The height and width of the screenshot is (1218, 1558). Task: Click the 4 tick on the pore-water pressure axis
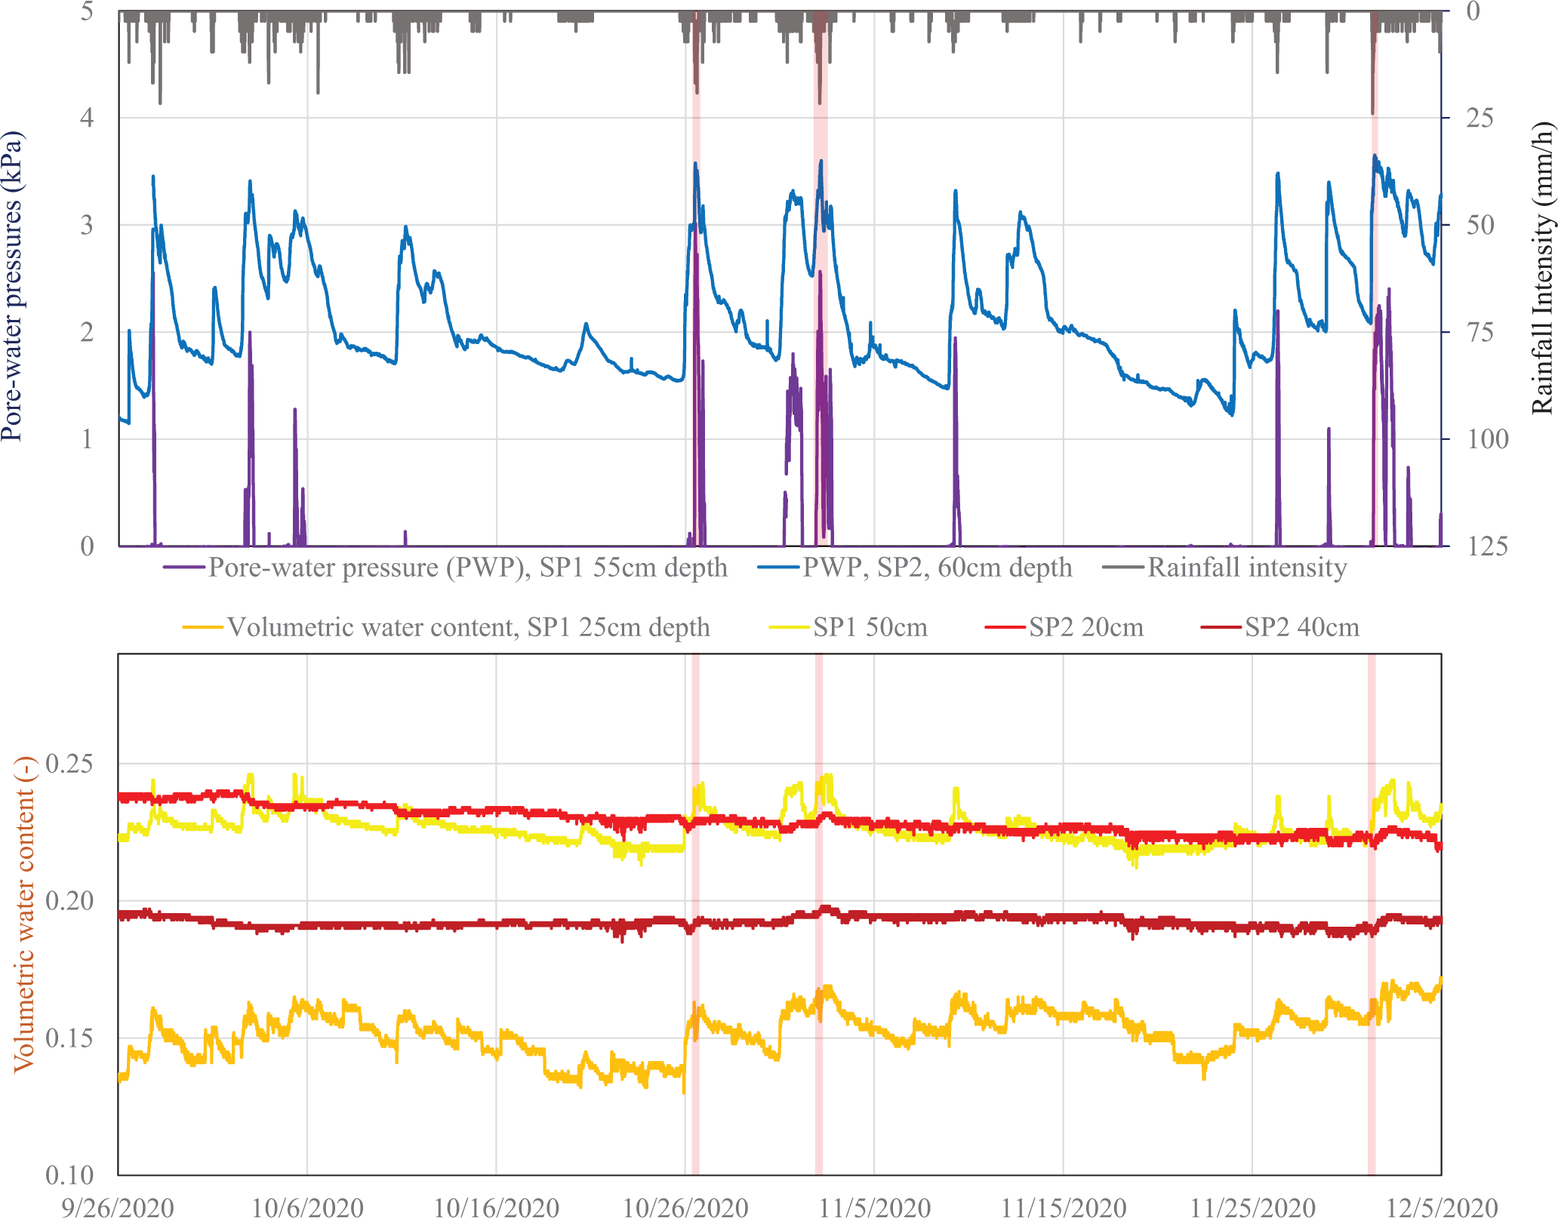point(88,118)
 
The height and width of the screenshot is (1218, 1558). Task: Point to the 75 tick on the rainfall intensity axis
point(1479,332)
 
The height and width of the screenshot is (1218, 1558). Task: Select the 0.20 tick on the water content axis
point(69,900)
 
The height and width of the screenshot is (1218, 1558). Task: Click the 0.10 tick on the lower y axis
point(69,1174)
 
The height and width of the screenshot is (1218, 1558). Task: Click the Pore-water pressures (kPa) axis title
point(12,287)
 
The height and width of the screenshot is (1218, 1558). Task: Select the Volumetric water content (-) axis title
point(26,913)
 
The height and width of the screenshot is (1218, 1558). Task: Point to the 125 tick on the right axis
point(1486,546)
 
